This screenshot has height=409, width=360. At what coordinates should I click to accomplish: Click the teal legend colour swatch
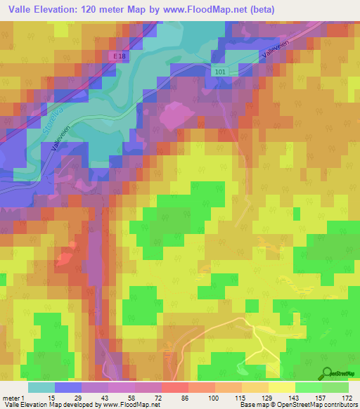(41, 387)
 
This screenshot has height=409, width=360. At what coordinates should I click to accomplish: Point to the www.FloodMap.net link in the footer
(130, 405)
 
